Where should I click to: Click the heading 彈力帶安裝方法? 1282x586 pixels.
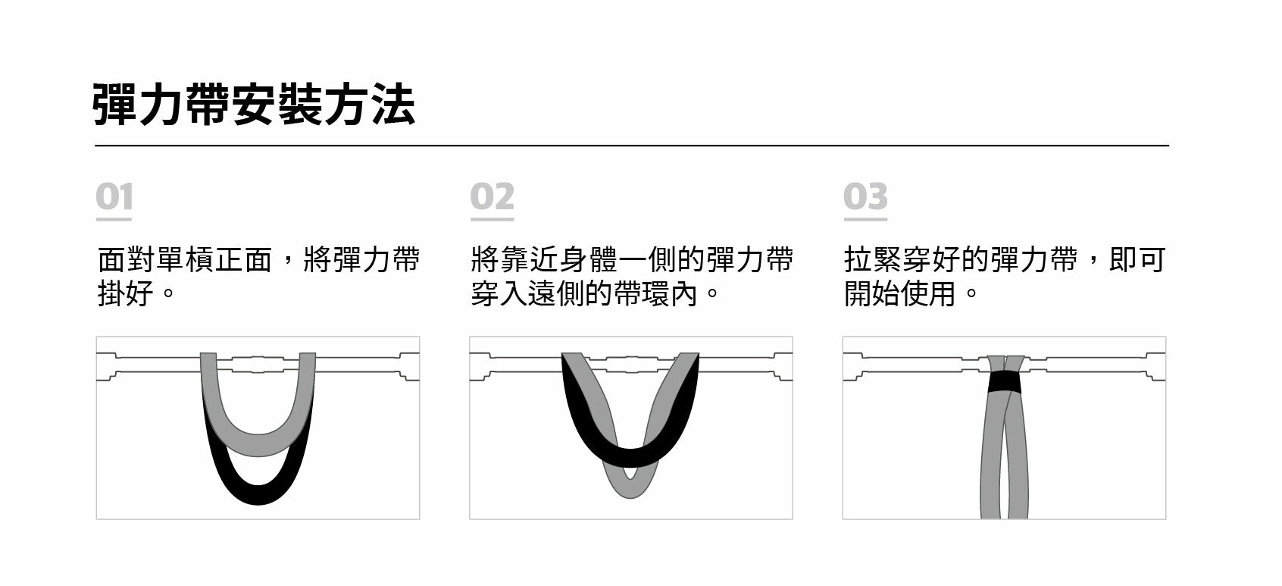254,105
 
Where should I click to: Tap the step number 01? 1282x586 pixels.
114,197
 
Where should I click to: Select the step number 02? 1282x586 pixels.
492,197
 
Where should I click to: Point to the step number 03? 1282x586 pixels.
865,197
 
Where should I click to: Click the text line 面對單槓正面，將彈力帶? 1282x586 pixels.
258,260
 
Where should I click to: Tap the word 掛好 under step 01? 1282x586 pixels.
126,293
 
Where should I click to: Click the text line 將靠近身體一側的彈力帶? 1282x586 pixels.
631,260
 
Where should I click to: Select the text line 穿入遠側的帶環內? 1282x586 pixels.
583,293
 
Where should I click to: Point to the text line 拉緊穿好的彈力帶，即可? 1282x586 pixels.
1004,260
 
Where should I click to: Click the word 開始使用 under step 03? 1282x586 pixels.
900,293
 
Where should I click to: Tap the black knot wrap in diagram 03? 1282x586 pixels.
1005,382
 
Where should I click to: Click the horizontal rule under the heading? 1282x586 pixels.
631,145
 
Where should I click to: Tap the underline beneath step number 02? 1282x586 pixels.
492,220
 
